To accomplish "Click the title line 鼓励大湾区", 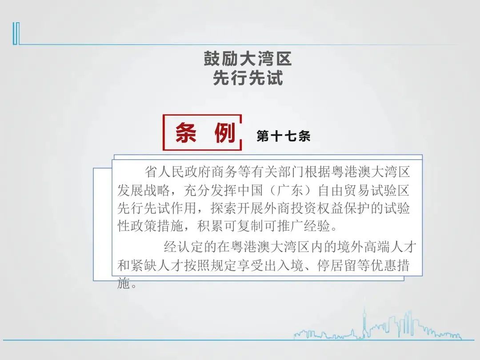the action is click(x=248, y=59).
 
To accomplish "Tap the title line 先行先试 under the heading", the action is click(x=248, y=78).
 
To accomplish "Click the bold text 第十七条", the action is click(x=284, y=136).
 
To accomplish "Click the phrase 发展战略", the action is click(x=144, y=190).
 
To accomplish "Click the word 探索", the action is click(x=224, y=208).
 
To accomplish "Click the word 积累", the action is click(x=210, y=226).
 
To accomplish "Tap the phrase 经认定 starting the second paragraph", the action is click(x=184, y=247).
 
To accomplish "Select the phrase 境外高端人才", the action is click(x=377, y=247).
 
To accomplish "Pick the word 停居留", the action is click(x=337, y=265).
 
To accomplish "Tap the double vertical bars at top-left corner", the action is click(x=16, y=33).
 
